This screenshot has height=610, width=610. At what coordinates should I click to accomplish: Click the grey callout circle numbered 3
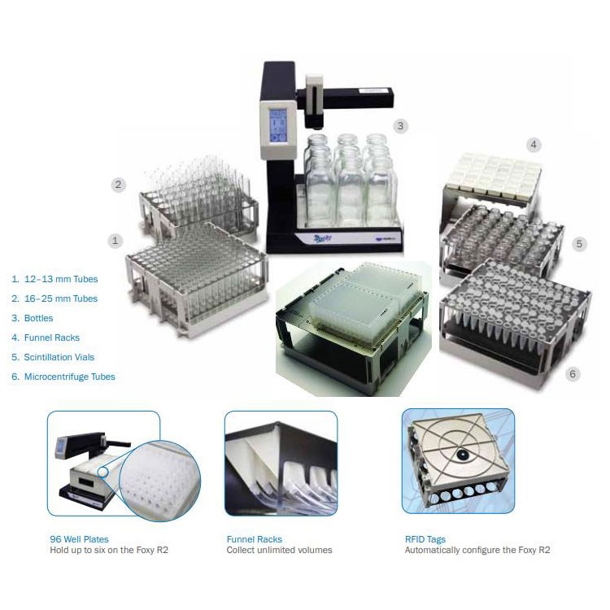[400, 126]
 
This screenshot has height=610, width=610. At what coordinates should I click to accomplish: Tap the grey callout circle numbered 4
[534, 145]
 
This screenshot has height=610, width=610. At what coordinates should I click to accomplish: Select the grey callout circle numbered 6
[573, 374]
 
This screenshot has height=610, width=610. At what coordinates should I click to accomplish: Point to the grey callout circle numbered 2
[118, 184]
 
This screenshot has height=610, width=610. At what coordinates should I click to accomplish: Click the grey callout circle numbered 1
[115, 241]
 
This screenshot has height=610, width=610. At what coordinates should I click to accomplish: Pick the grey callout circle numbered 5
[579, 244]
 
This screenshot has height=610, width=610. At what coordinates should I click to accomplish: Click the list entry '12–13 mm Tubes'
[61, 279]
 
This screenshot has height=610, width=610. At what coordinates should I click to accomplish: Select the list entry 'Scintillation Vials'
[59, 357]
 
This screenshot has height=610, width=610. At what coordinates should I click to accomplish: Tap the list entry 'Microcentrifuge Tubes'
[70, 377]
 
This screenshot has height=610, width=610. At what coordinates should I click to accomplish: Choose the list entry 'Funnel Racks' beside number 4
[52, 338]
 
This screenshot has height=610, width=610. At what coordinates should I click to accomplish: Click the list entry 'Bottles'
[38, 318]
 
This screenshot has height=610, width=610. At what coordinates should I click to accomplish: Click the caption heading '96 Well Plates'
[80, 539]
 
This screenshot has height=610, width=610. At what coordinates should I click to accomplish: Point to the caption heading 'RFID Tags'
[425, 539]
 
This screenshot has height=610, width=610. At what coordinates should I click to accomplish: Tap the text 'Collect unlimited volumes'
[279, 550]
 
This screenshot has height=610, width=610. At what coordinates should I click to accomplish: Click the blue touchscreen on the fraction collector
[278, 125]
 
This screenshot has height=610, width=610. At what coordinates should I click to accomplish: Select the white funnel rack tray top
[494, 174]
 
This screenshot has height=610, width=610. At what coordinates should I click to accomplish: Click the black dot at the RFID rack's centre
[463, 454]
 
